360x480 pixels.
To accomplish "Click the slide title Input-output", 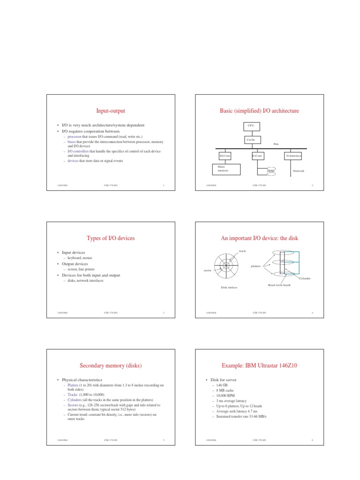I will tap(110, 111).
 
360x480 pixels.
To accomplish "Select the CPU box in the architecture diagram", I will tap(251, 126).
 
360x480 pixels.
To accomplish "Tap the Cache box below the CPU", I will tap(251, 140).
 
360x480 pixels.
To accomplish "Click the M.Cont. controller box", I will tap(225, 155).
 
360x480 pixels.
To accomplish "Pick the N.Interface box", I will tap(293, 155).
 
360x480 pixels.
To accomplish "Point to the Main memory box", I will tap(226, 169).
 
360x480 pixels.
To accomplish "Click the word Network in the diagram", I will tap(298, 171).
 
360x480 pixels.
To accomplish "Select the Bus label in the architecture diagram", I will tap(276, 144).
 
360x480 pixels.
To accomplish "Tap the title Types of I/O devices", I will tap(111, 239).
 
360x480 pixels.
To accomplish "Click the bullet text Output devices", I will tap(75, 264).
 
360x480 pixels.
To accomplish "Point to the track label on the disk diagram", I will tap(242, 251).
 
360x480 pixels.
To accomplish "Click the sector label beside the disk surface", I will tap(208, 270).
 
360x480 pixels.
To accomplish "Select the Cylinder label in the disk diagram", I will tap(305, 278).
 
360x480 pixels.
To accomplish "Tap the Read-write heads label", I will tap(279, 285).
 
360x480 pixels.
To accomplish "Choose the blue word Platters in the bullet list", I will tap(74, 385).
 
